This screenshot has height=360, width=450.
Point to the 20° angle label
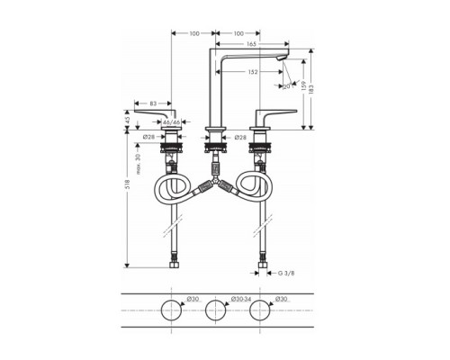(288, 87)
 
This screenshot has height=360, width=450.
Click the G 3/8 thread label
(287, 271)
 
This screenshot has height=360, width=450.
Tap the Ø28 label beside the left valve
(150, 137)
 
